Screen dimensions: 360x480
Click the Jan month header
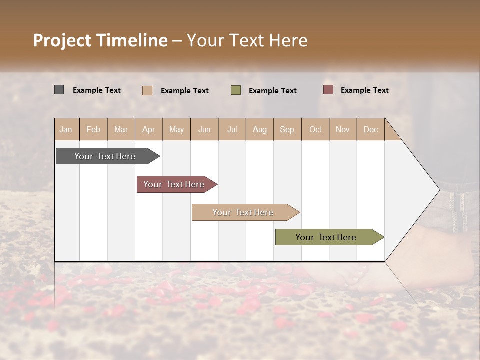click(x=66, y=129)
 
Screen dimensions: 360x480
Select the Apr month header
click(x=149, y=129)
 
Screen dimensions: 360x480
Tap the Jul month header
click(x=232, y=129)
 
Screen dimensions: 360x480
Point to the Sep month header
click(x=287, y=129)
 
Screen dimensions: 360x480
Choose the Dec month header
click(x=370, y=129)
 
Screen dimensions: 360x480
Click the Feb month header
click(x=93, y=129)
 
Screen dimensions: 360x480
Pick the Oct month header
click(x=315, y=129)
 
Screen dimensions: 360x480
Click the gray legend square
click(x=59, y=90)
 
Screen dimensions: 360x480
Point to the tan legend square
click(x=147, y=90)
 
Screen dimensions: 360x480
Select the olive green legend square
click(x=236, y=90)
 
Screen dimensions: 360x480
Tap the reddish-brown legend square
click(x=328, y=90)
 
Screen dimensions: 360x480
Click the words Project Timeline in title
click(x=100, y=40)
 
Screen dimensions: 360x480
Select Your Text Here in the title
click(x=247, y=40)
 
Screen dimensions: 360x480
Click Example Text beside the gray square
click(x=97, y=90)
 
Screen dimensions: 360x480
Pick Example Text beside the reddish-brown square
click(x=364, y=90)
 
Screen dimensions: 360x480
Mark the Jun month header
click(x=204, y=129)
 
